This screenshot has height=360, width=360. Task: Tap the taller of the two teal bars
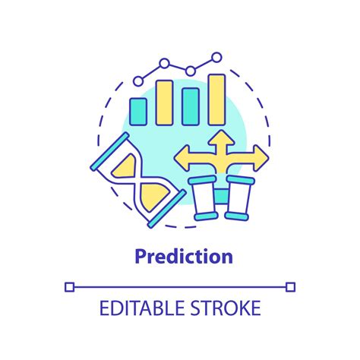[191, 106]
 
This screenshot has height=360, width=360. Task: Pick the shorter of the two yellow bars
[165, 102]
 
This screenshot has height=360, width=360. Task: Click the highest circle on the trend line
[216, 57]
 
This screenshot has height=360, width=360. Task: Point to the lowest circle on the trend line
[138, 79]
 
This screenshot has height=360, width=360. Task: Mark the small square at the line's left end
[70, 286]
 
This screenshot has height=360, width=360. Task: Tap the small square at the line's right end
[289, 286]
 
